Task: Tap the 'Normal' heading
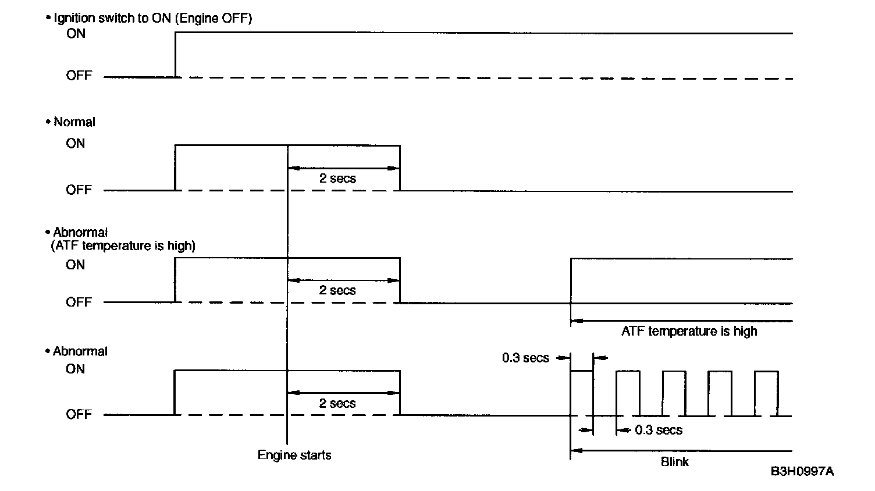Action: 74,122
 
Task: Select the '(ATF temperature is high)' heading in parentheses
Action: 123,245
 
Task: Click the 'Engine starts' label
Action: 294,455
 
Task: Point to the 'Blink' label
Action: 675,462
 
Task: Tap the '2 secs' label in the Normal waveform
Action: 337,179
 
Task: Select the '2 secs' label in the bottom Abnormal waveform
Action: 337,403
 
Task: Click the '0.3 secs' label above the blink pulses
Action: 525,358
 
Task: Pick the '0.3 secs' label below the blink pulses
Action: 659,430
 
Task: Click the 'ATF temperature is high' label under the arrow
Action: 689,332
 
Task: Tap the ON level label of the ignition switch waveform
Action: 76,34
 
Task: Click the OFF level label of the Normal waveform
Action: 79,190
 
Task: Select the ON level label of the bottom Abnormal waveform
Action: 76,369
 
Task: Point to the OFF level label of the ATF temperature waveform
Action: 79,303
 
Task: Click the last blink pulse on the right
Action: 766,393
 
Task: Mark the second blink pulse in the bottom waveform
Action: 628,393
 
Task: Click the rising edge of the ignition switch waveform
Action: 176,55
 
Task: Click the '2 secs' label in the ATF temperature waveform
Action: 337,290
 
